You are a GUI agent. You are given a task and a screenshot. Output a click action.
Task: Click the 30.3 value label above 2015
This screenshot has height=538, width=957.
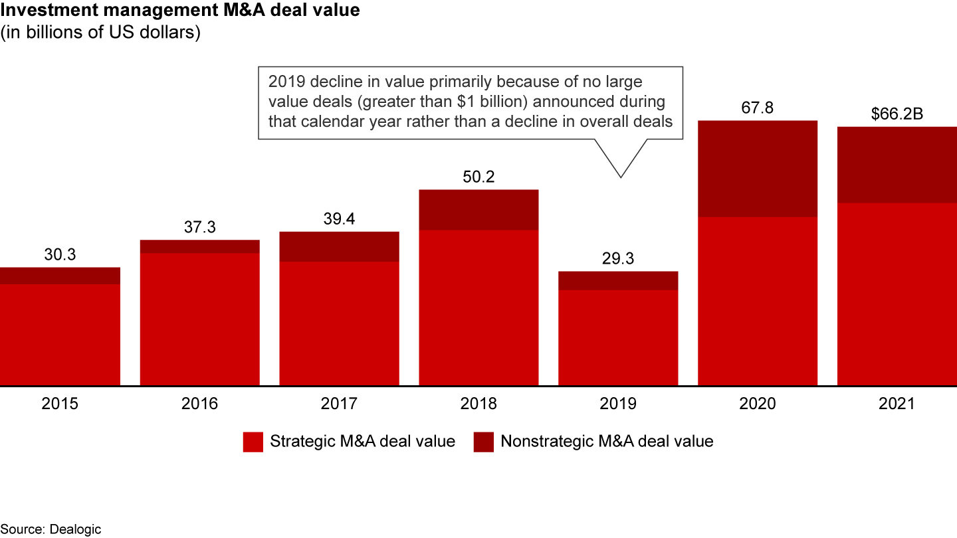click(60, 255)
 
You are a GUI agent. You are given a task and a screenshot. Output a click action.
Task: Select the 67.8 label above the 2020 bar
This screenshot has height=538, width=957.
click(757, 108)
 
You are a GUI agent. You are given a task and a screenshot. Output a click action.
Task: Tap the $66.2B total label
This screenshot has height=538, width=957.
click(897, 114)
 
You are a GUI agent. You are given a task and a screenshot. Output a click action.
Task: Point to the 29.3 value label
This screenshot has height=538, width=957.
click(617, 259)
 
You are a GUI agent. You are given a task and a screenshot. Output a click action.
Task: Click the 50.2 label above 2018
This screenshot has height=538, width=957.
click(478, 177)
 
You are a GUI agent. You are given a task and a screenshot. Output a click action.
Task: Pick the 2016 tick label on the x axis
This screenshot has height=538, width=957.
click(199, 404)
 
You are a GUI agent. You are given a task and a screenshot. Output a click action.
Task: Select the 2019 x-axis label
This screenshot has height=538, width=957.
click(617, 404)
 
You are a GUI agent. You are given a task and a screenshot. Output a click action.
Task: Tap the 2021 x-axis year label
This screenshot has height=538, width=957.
click(897, 404)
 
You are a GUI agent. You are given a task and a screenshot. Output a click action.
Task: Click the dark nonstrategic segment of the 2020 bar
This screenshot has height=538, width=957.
click(757, 169)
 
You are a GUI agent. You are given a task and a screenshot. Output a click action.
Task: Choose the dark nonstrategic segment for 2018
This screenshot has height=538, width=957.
click(478, 210)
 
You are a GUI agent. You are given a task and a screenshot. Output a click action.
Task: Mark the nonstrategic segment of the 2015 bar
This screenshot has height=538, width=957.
click(60, 276)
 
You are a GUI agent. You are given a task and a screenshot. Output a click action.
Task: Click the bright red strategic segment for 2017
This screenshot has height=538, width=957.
click(339, 323)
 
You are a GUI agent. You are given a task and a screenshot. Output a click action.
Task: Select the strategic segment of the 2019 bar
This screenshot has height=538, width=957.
click(617, 337)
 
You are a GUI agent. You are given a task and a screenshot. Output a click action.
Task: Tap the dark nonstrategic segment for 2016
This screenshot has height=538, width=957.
click(199, 246)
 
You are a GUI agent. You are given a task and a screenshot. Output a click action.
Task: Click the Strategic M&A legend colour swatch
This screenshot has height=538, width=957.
click(253, 442)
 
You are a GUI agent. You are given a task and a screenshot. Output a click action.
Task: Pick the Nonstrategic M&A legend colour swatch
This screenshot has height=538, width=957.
click(484, 442)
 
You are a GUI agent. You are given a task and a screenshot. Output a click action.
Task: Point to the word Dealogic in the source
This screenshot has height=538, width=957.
click(74, 529)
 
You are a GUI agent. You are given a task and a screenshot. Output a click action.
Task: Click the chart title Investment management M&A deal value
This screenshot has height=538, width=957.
click(180, 11)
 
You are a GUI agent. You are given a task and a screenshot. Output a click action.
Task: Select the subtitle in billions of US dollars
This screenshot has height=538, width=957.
click(100, 33)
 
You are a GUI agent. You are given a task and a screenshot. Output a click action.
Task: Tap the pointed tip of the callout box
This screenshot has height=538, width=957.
click(621, 177)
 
